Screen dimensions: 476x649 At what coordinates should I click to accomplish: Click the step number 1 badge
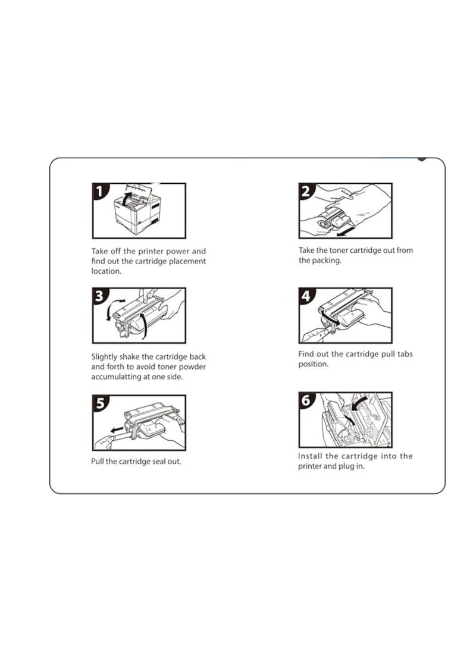(99, 192)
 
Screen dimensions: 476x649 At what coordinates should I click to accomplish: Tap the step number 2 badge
(306, 192)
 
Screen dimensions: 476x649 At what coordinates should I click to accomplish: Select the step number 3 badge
(99, 296)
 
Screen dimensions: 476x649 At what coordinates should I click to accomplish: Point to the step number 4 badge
(306, 296)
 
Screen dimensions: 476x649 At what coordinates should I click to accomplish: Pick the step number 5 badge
(100, 403)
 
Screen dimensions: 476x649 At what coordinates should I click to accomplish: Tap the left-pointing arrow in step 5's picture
(118, 429)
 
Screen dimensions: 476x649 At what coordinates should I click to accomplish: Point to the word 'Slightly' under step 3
(104, 357)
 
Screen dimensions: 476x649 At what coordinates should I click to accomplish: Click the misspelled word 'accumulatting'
(114, 377)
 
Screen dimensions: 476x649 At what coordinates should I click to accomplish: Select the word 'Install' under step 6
(310, 456)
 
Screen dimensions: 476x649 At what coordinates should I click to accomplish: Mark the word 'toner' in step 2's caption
(339, 250)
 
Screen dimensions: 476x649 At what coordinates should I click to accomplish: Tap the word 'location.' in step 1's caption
(107, 271)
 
